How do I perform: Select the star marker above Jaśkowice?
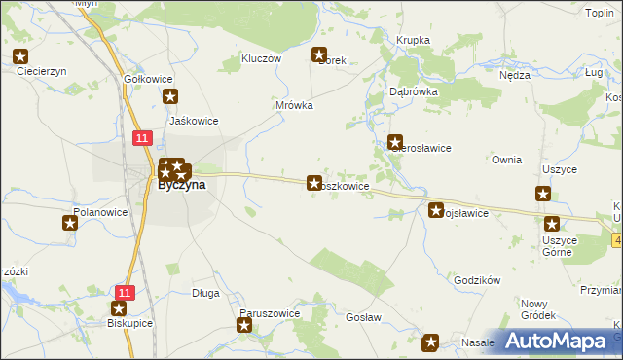(x=171, y=95)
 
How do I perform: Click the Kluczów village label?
(x=261, y=58)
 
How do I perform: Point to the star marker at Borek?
(x=318, y=54)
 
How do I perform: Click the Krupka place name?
(x=413, y=40)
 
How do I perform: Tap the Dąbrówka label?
(x=414, y=91)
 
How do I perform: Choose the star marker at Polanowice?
(x=70, y=223)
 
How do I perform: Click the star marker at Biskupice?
(x=119, y=307)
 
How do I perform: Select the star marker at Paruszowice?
(x=244, y=325)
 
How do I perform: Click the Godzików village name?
(x=477, y=280)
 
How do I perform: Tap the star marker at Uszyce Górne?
(x=552, y=224)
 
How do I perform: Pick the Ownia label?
(x=507, y=160)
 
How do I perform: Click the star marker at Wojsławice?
(x=436, y=209)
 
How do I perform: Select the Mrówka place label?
(x=293, y=105)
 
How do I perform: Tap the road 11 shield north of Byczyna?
(x=142, y=138)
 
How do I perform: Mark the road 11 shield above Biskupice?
(x=124, y=291)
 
